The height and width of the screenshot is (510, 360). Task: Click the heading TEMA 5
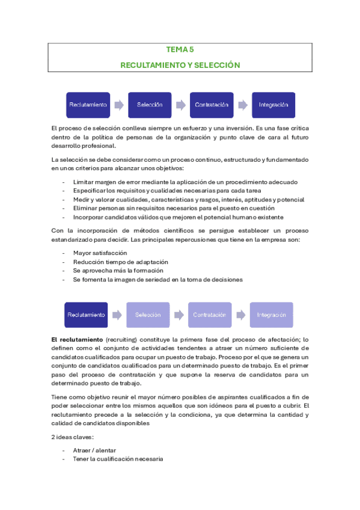coord(180,51)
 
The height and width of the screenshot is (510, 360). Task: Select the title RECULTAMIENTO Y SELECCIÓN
coord(180,64)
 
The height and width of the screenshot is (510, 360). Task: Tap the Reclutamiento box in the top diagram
coord(88,105)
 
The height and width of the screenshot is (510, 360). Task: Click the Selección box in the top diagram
coord(150,105)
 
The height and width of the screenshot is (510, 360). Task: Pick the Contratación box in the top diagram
coord(212,105)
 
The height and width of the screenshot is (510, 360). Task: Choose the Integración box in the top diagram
coord(273,105)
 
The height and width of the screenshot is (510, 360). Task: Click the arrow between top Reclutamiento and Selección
coord(119,105)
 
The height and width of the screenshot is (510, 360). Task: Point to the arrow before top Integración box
coord(243,105)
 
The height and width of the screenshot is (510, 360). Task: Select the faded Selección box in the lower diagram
coord(148,315)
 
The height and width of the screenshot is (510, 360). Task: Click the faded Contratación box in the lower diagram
coord(210,315)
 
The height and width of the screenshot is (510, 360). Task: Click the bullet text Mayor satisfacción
coord(100,253)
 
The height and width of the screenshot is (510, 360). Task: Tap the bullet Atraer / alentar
coord(94,450)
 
